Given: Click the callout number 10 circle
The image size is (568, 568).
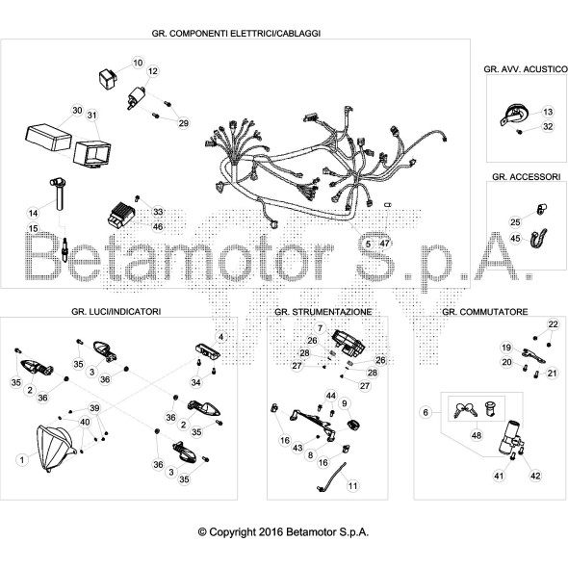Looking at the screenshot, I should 137,63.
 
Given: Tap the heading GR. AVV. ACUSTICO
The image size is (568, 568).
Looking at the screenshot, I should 519,70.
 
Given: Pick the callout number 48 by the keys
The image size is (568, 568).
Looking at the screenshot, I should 476,435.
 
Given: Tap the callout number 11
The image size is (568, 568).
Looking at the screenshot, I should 352,487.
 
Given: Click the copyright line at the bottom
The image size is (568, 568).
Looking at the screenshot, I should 283,530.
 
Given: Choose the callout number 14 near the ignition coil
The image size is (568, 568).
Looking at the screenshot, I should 33,212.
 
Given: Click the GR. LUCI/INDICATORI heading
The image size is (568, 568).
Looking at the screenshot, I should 116,312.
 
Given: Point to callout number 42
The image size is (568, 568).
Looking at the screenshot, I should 536,475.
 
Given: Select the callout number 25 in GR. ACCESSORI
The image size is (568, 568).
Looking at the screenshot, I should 515,221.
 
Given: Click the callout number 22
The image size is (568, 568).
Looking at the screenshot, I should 553,323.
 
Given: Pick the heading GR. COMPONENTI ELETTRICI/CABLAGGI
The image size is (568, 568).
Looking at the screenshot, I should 236,33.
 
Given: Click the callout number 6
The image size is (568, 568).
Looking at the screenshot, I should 425,411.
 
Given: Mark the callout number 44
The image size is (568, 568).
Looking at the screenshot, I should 330,396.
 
